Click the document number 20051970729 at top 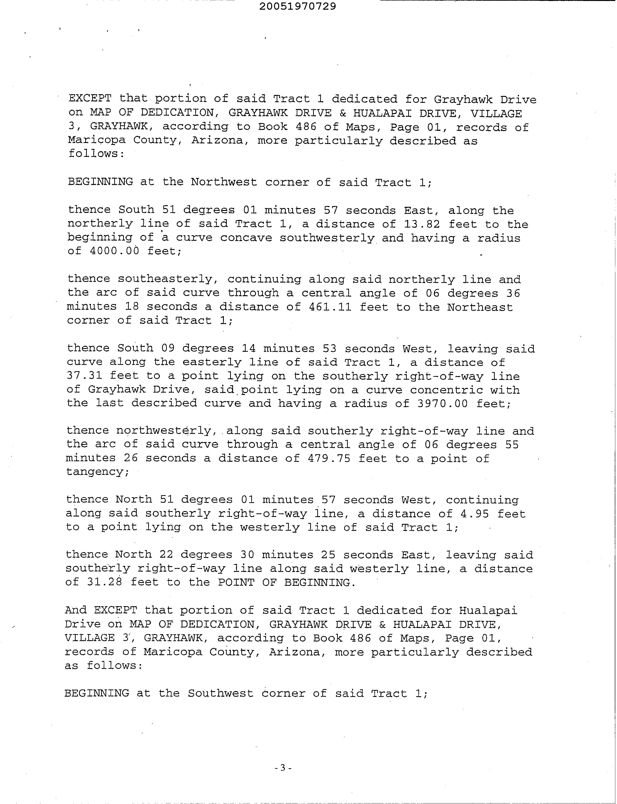pyautogui.click(x=298, y=7)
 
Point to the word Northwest pyautogui.click(x=224, y=182)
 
